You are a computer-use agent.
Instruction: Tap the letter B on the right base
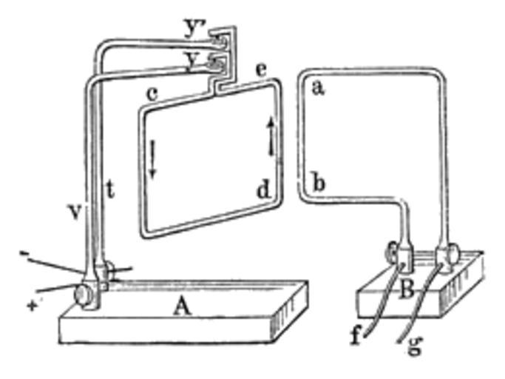pyautogui.click(x=407, y=289)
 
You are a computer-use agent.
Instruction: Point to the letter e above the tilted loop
pyautogui.click(x=261, y=70)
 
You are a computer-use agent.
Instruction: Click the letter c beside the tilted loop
pyautogui.click(x=152, y=94)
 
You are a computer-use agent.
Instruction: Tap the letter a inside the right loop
pyautogui.click(x=318, y=88)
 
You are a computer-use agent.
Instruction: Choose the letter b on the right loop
pyautogui.click(x=319, y=183)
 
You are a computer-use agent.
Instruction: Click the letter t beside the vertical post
pyautogui.click(x=110, y=189)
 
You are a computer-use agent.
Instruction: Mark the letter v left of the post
pyautogui.click(x=75, y=212)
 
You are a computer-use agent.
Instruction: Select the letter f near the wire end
pyautogui.click(x=356, y=335)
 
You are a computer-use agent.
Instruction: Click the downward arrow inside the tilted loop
pyautogui.click(x=152, y=159)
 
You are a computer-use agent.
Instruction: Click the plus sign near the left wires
pyautogui.click(x=32, y=304)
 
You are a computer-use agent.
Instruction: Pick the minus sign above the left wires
pyautogui.click(x=23, y=253)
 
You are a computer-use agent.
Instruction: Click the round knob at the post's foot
pyautogui.click(x=83, y=294)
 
